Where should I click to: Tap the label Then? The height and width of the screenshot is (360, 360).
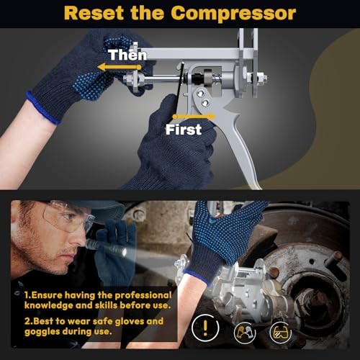pos(127,55)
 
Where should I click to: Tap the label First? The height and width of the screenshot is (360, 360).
pos(184,130)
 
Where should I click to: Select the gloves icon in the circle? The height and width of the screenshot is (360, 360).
pos(245,332)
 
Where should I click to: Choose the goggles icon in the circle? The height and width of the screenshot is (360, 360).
pos(280,332)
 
